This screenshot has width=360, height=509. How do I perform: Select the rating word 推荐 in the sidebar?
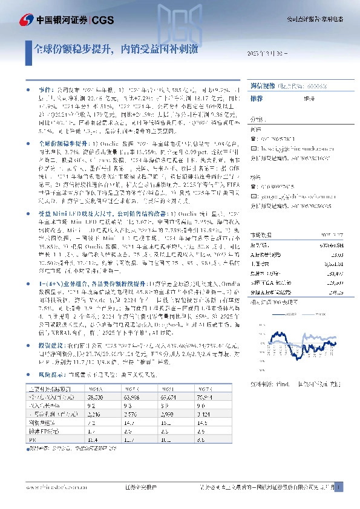click(x=257, y=97)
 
